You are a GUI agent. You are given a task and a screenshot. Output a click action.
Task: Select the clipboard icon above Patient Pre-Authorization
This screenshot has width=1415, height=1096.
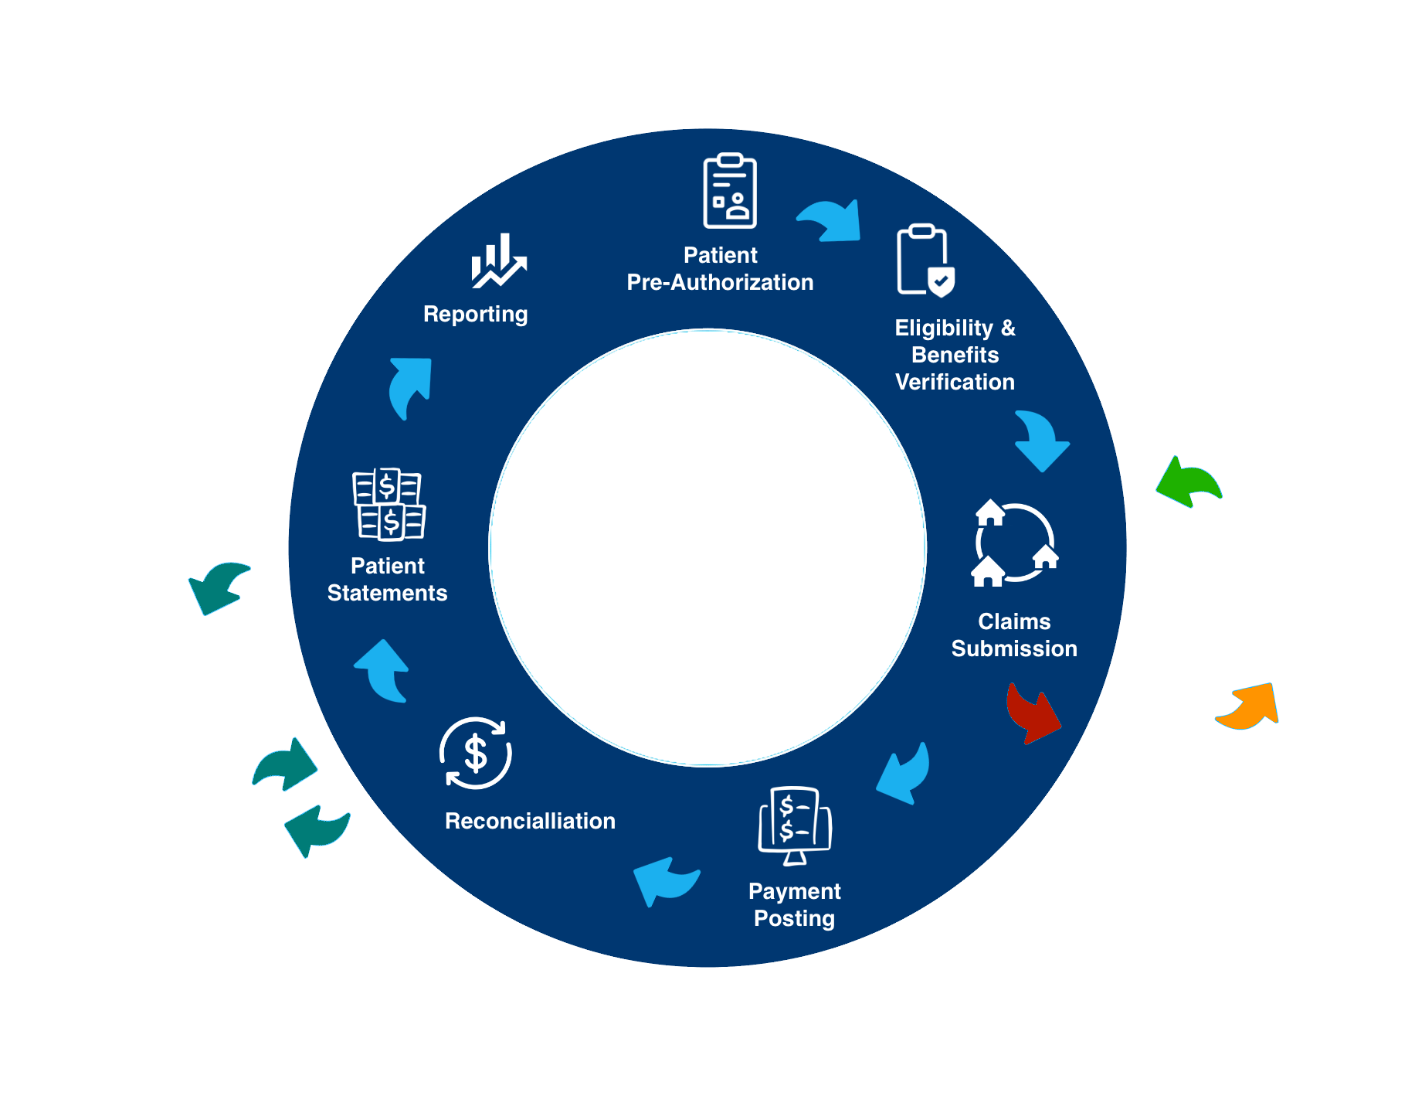[729, 191]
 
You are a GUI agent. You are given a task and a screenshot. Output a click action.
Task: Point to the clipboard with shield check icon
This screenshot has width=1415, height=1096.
[925, 260]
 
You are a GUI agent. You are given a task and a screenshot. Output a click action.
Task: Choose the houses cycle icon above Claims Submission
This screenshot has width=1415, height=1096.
[1014, 543]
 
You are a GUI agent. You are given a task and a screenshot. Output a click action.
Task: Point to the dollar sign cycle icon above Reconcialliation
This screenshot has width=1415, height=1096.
[475, 753]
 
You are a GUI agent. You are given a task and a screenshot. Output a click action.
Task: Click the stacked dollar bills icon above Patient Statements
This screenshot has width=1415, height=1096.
[389, 504]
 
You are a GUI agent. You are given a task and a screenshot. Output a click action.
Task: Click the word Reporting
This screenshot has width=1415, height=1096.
[476, 315]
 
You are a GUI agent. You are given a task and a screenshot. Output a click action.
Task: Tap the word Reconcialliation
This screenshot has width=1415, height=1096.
[530, 821]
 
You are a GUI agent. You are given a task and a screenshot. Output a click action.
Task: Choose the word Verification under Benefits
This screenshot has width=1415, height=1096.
[955, 382]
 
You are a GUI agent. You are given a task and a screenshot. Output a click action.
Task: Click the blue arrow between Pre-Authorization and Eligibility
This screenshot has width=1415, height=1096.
[831, 220]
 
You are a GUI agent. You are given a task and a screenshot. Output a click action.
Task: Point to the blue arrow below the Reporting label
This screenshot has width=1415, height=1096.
[410, 386]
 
